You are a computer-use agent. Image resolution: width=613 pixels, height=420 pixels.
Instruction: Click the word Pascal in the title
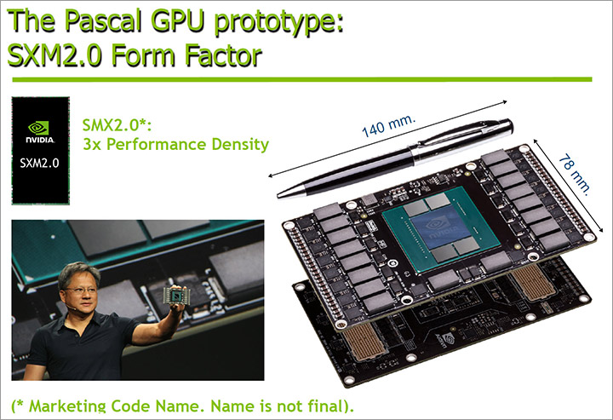102,20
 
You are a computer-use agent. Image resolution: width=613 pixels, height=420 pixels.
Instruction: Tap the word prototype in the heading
278,22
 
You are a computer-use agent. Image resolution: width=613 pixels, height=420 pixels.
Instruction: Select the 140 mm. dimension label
388,125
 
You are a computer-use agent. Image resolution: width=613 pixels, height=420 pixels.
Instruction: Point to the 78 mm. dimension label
574,175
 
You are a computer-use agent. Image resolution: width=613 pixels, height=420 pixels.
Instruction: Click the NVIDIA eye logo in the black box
38,128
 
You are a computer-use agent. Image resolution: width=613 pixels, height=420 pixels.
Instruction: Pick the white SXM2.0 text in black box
39,163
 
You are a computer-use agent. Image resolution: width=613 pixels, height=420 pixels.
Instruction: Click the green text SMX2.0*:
117,125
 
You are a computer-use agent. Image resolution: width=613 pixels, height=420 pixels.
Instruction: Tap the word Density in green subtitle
240,145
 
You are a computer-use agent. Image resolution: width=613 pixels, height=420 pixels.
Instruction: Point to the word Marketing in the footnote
70,406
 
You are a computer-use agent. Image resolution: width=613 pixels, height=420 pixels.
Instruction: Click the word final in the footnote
325,406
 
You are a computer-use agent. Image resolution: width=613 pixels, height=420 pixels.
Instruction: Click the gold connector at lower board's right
533,281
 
